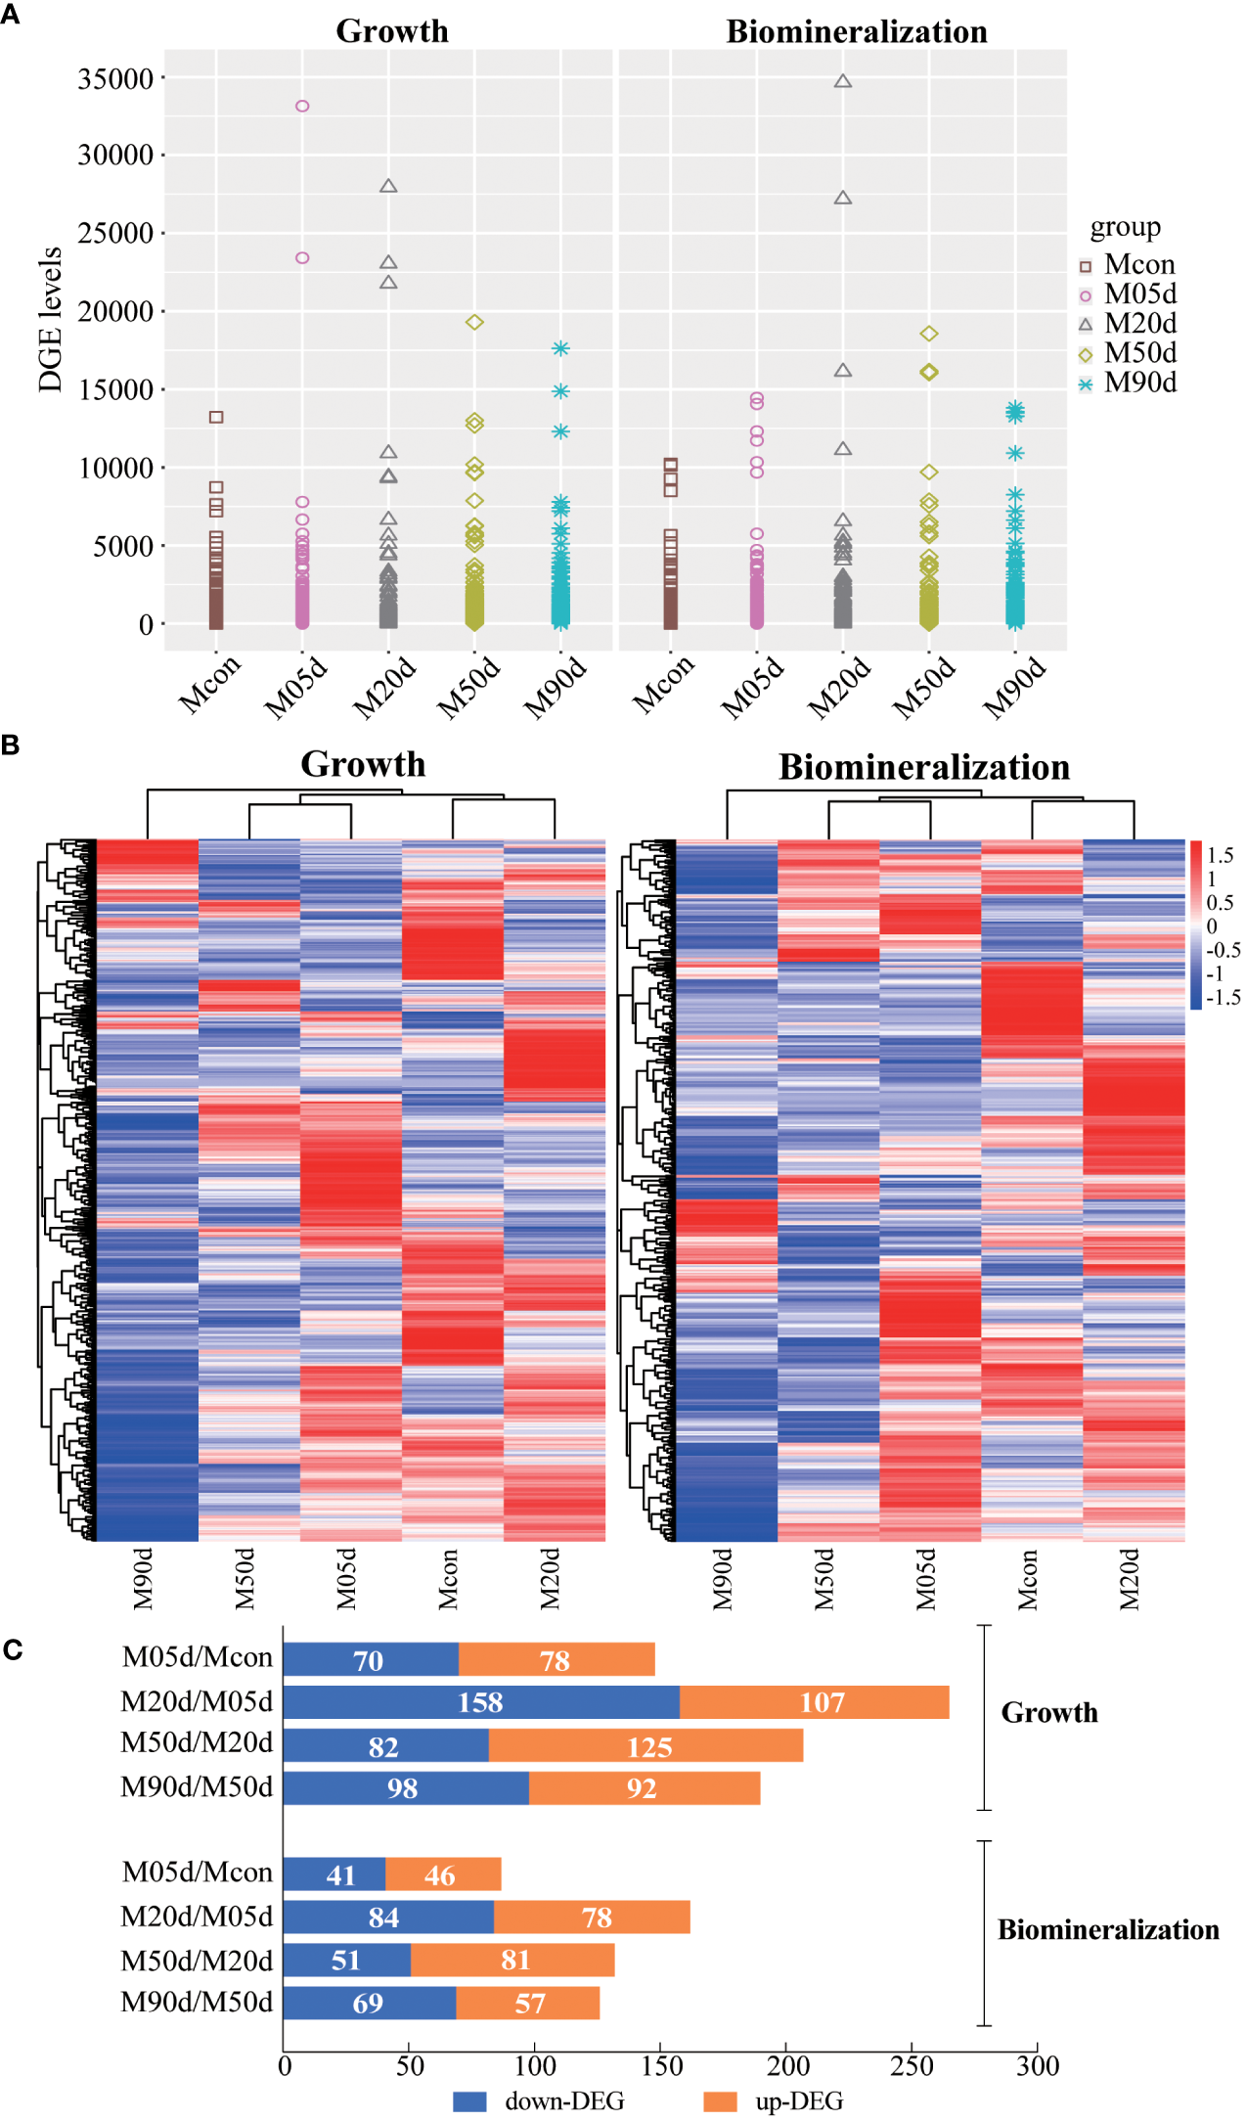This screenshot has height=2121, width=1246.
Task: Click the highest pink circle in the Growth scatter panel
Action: tap(302, 106)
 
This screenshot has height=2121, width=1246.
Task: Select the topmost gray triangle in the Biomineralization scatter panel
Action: tap(843, 81)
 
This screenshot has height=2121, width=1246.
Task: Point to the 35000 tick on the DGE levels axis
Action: tap(115, 78)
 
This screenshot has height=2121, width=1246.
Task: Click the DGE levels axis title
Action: tap(50, 320)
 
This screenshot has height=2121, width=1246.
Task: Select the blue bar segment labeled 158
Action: tap(480, 1702)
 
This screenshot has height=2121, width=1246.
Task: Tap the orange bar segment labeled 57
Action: tap(528, 2003)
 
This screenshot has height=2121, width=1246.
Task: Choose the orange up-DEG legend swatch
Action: tap(720, 2100)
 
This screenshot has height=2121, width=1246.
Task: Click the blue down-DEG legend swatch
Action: tap(469, 2100)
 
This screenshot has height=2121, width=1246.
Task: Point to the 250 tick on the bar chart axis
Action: tap(912, 2065)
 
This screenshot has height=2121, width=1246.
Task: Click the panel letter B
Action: tap(11, 745)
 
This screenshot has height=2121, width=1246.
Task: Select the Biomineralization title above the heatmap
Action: tap(924, 767)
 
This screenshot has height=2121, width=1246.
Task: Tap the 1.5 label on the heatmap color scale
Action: tap(1220, 855)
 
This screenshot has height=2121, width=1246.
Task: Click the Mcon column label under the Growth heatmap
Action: tap(448, 1578)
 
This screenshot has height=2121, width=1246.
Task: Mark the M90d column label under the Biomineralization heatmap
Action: tap(722, 1578)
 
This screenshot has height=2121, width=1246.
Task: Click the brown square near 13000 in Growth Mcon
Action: tap(216, 417)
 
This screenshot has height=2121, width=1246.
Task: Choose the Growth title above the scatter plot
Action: tap(392, 31)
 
